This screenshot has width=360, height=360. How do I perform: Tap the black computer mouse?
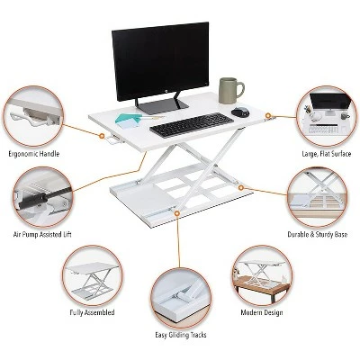(240, 112)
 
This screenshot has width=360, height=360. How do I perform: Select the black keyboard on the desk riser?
(192, 125)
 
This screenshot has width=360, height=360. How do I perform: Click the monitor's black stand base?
(162, 106)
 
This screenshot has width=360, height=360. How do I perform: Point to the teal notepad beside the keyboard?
(127, 121)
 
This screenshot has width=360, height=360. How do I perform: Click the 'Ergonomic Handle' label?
(34, 154)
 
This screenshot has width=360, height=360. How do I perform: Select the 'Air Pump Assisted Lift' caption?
(42, 234)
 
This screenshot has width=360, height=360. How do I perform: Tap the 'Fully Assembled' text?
(92, 312)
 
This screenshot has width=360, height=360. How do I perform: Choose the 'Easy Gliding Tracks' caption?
(181, 335)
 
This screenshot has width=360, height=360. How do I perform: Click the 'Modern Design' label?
(262, 312)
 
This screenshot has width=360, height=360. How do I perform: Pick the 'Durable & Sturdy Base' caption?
(318, 234)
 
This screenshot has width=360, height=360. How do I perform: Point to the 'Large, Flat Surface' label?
(327, 154)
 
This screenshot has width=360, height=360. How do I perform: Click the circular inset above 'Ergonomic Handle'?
(33, 117)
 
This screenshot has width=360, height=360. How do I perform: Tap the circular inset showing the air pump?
(42, 197)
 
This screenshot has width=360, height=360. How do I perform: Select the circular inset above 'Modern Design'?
(262, 275)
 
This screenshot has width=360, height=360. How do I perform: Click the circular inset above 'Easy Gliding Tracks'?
(181, 298)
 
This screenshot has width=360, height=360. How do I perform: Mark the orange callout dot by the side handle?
(102, 136)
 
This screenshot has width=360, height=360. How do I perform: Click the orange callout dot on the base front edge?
(177, 212)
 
